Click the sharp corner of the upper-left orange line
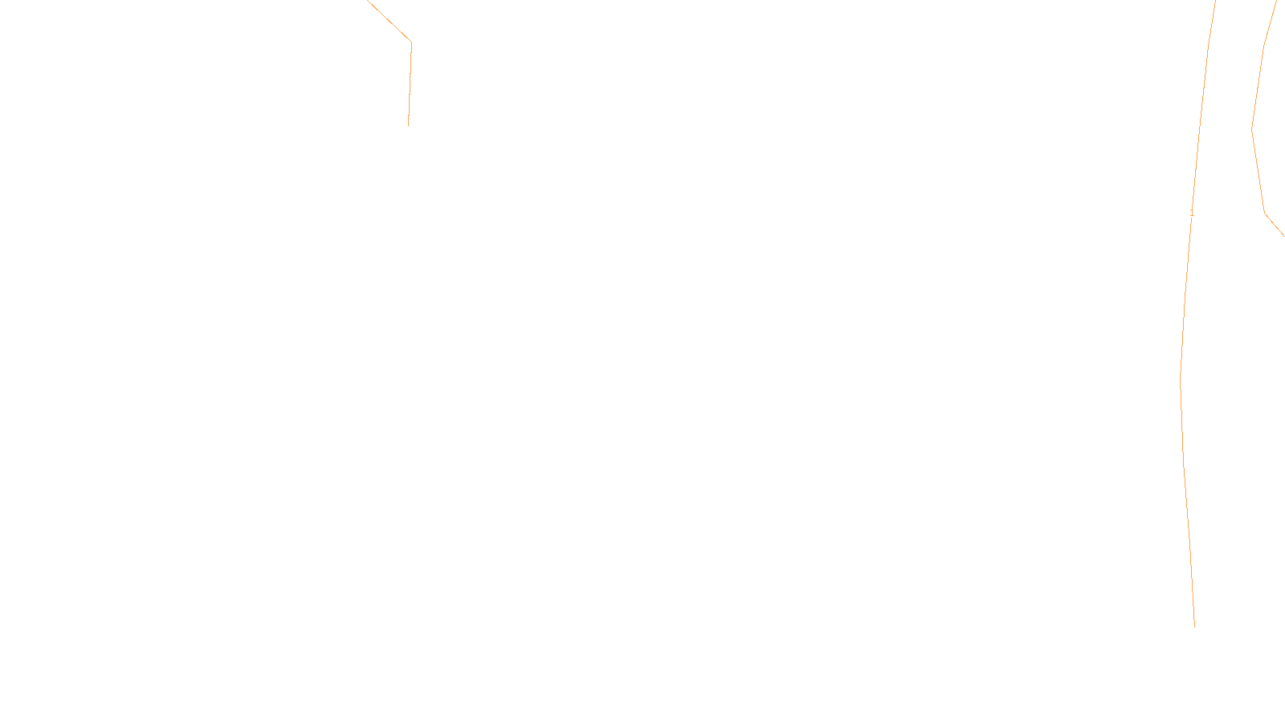point(411,41)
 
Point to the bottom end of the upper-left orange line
point(408,125)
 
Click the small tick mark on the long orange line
point(1192,213)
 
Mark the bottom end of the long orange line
point(1194,625)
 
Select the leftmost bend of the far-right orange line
point(1253,128)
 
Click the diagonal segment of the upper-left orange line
point(390,21)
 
